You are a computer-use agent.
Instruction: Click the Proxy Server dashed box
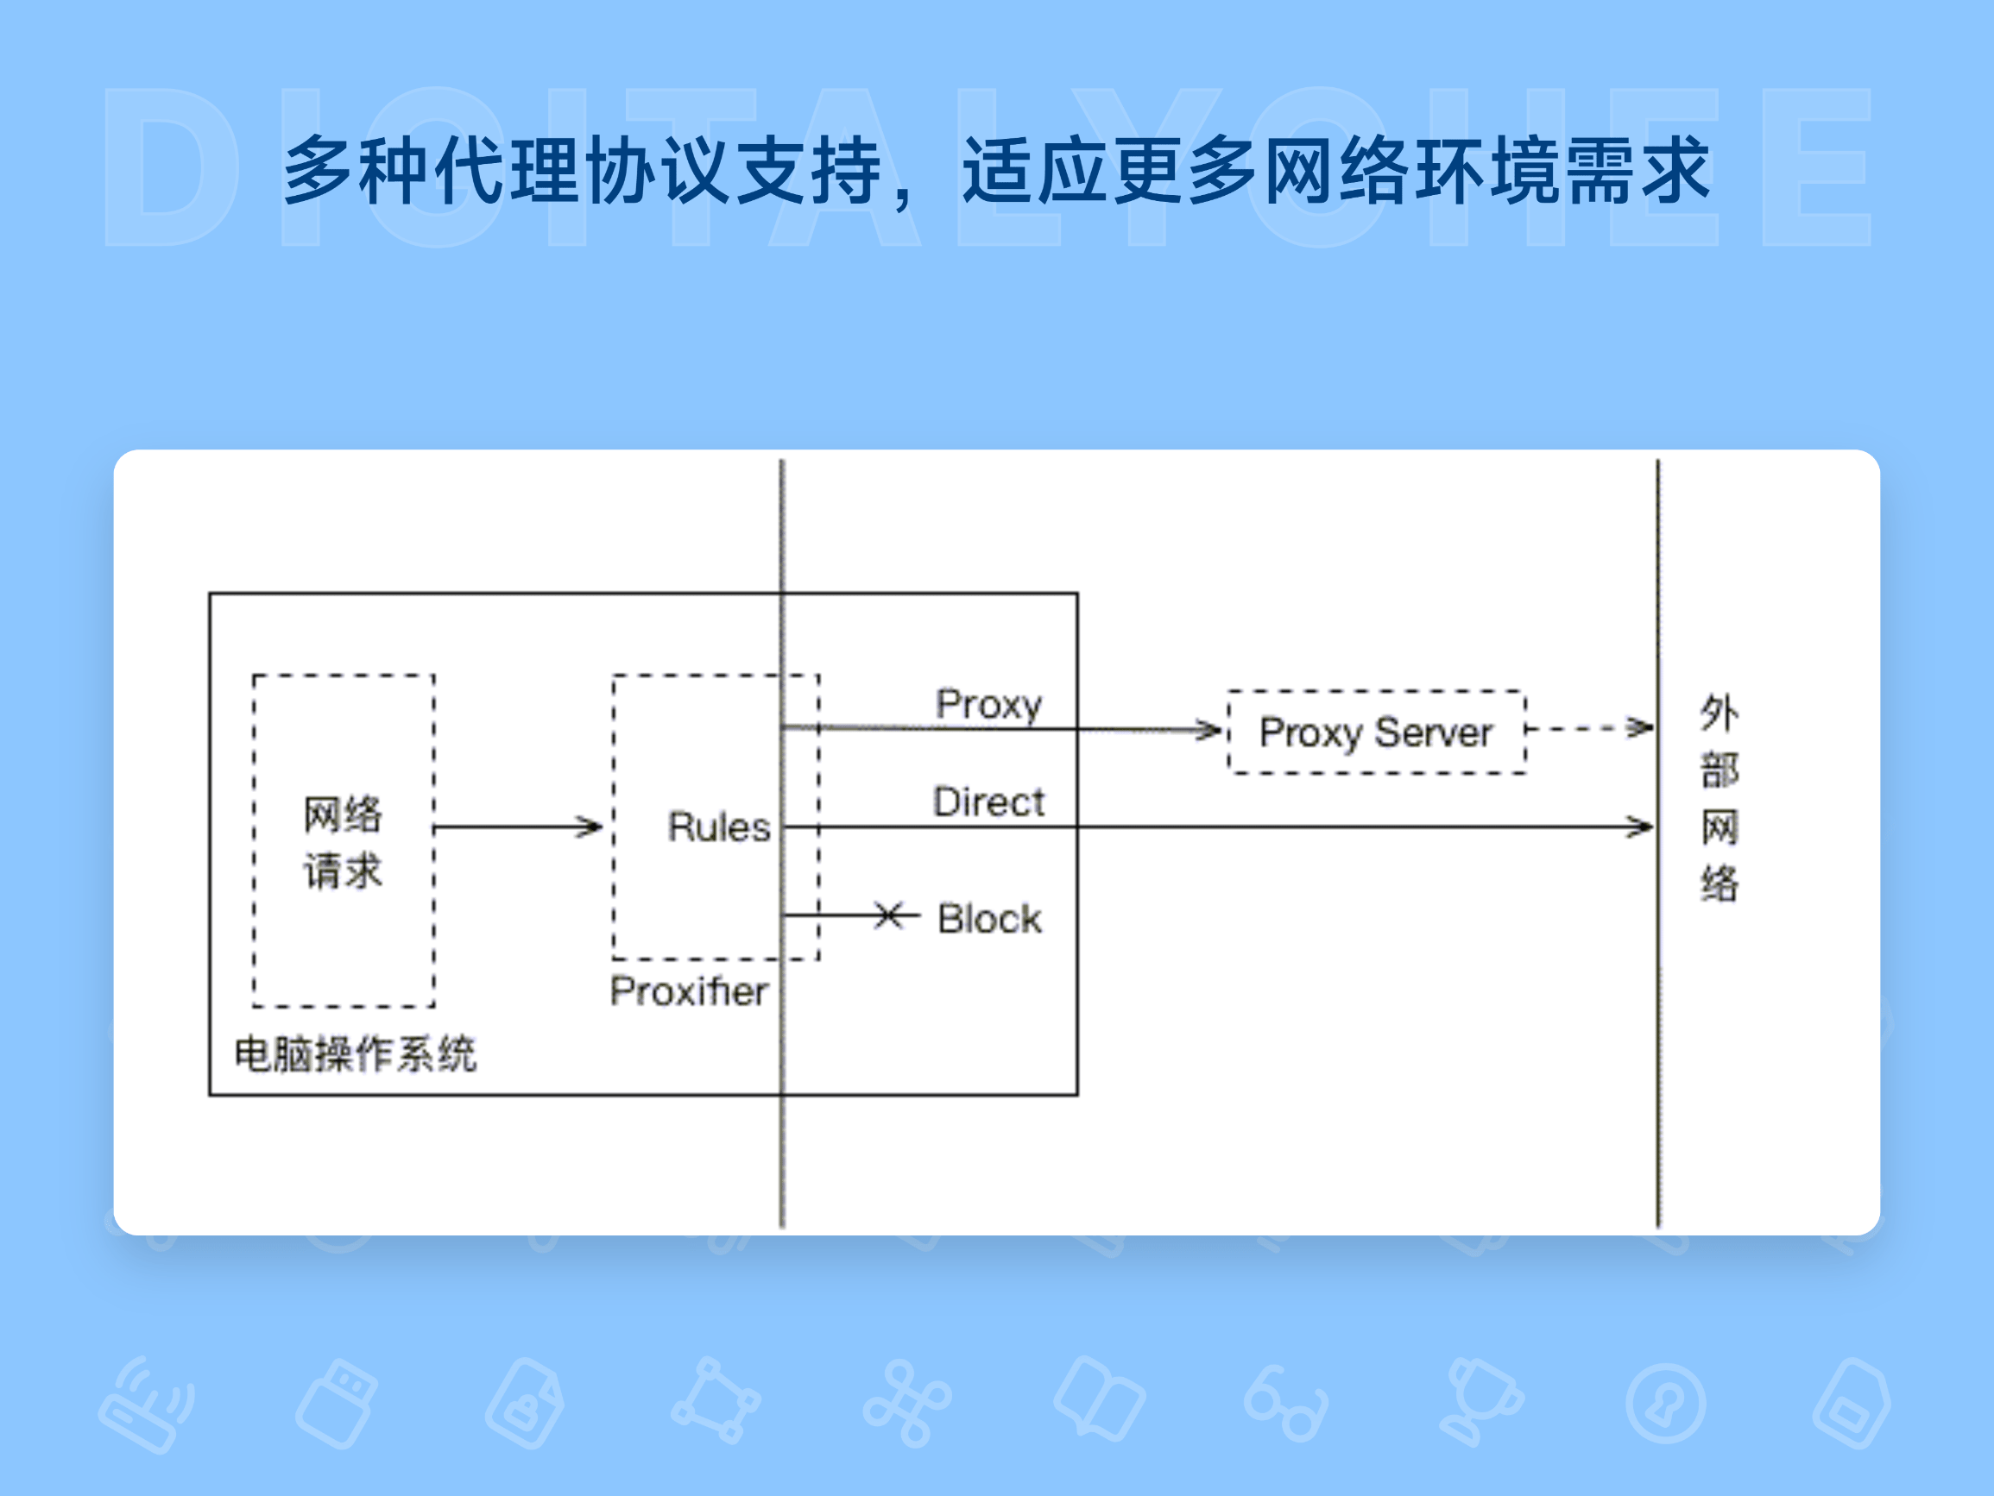(x=1376, y=732)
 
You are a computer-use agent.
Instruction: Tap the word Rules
(x=718, y=827)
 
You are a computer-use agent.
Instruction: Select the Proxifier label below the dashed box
(x=689, y=991)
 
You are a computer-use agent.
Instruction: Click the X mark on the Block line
(x=888, y=916)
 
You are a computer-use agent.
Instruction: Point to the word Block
(x=989, y=919)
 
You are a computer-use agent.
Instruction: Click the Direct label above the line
(x=988, y=801)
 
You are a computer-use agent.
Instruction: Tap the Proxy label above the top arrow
(x=988, y=704)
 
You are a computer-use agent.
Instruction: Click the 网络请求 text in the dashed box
(x=343, y=843)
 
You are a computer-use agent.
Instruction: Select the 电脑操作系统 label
(x=355, y=1053)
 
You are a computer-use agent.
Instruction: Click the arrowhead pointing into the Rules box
(x=591, y=827)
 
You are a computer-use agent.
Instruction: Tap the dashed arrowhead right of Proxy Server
(x=1641, y=727)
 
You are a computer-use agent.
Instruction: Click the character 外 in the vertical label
(x=1719, y=713)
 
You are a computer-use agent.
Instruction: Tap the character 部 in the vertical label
(x=1719, y=770)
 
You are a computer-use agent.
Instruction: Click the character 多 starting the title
(x=319, y=170)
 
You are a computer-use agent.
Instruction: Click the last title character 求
(x=1675, y=170)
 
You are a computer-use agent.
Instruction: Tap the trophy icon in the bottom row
(x=1480, y=1401)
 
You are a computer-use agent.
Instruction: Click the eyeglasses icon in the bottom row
(x=1285, y=1404)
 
